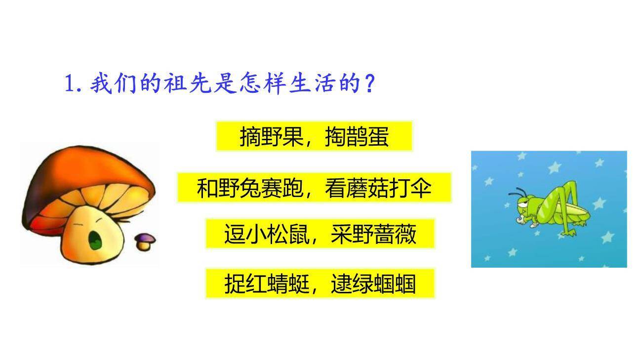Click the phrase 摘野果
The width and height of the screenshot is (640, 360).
coord(271,137)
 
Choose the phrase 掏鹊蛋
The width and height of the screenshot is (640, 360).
coord(357,137)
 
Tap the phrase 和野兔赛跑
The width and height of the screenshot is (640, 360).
coord(249,188)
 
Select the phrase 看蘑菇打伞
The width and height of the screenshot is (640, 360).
coord(378,188)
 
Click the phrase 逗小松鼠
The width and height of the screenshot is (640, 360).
coord(267,235)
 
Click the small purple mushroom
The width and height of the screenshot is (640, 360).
coord(145,240)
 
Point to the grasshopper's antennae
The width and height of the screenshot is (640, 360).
coord(519,192)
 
